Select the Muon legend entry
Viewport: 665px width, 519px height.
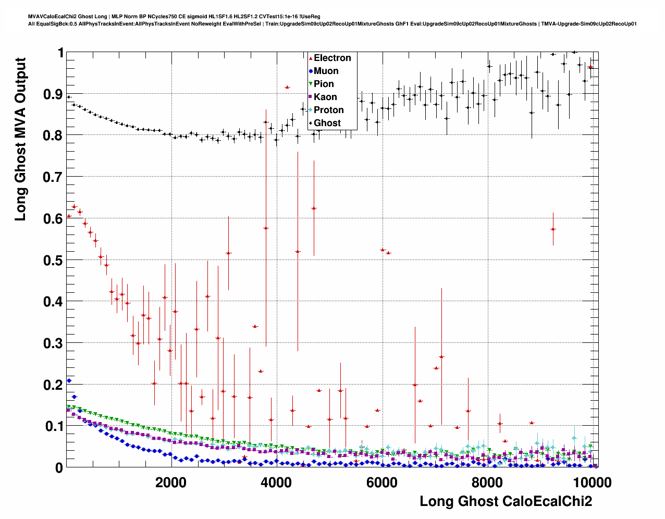click(326, 71)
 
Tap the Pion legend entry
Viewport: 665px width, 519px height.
click(324, 84)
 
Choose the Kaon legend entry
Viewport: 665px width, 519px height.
click(325, 97)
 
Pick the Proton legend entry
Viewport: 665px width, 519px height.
click(328, 110)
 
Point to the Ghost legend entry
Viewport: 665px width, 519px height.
click(327, 123)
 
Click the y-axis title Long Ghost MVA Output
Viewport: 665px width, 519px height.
click(20, 139)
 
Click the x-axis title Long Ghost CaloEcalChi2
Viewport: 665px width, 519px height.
click(506, 501)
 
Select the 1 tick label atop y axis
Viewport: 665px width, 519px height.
click(60, 53)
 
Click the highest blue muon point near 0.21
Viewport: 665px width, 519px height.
click(69, 380)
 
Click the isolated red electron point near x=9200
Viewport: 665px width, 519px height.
click(553, 229)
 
